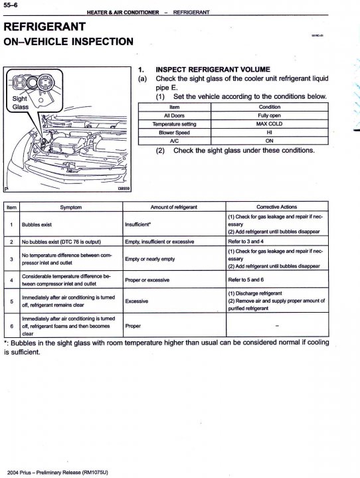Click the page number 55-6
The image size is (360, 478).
pos(11,5)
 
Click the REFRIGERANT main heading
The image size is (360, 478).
pos(45,27)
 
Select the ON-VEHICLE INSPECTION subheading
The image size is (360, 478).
pos(68,41)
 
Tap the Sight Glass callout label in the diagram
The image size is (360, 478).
pos(20,103)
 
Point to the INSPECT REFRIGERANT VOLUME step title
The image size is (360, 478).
pos(213,69)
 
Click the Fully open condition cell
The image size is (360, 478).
pos(269,116)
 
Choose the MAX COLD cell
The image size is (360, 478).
pos(269,124)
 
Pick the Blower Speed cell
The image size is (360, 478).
pos(174,133)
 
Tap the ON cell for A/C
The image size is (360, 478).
pos(269,141)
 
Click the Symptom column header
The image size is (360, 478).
pos(71,207)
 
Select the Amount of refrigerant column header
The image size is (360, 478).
pos(173,207)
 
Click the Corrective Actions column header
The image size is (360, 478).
pos(277,207)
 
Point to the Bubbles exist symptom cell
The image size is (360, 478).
pos(37,224)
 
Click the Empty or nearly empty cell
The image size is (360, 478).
pos(150,259)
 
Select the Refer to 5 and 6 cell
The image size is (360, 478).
pos(246,279)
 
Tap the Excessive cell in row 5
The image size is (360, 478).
pos(137,301)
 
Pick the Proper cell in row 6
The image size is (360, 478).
pos(133,326)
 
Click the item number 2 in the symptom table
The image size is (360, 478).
pos(11,242)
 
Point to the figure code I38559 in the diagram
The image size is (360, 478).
pos(124,189)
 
